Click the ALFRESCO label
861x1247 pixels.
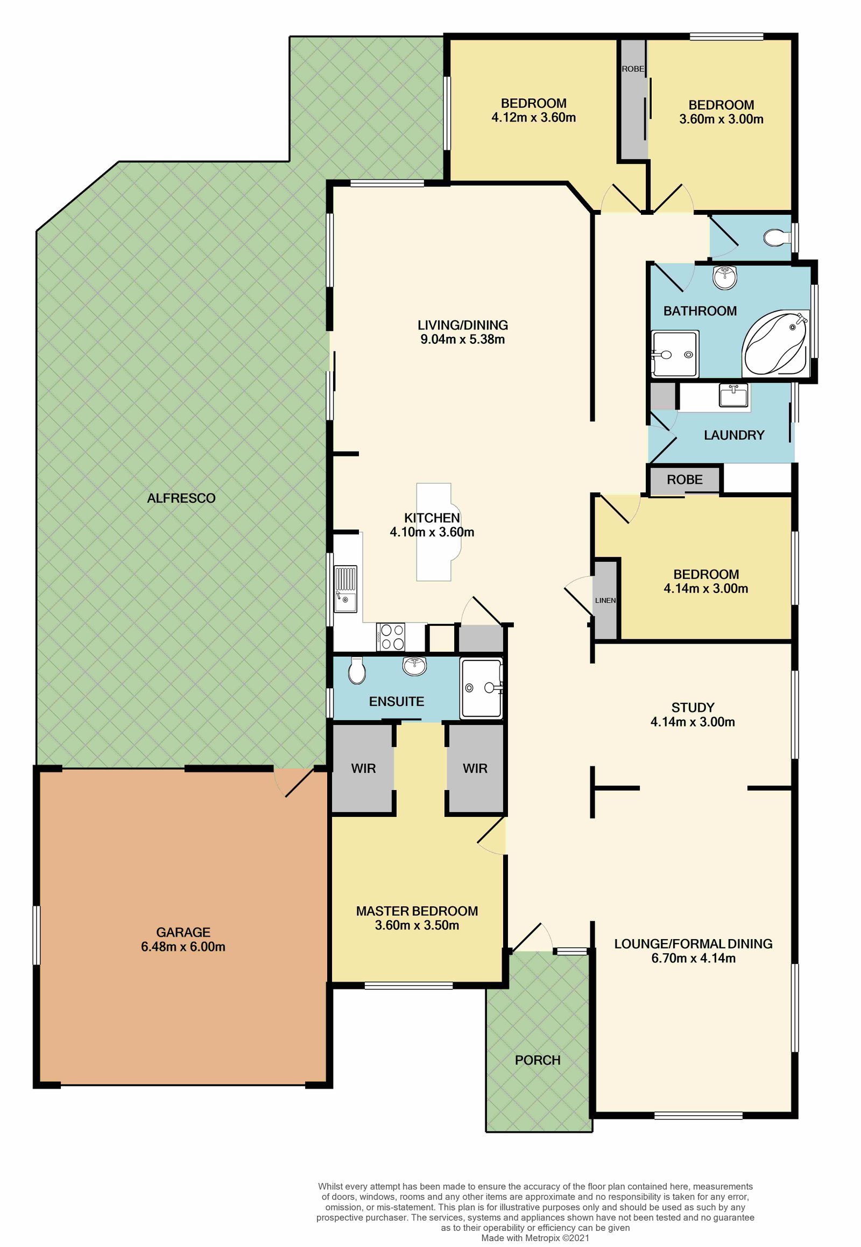(181, 498)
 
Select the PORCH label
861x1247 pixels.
(538, 1060)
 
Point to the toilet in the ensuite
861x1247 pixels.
(357, 671)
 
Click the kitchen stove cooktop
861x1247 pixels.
(391, 637)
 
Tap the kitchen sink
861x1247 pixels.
(345, 589)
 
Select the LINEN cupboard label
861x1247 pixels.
(605, 600)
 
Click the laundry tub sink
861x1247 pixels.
(733, 396)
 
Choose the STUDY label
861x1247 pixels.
(693, 707)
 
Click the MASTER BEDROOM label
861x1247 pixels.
(417, 911)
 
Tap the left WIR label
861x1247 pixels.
(363, 769)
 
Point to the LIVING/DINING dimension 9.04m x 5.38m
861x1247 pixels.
(462, 340)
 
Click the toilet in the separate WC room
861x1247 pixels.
(777, 237)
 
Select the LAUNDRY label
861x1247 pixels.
(734, 435)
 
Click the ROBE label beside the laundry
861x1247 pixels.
(684, 480)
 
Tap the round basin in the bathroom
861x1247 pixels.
(724, 277)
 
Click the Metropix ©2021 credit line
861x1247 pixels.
(535, 1238)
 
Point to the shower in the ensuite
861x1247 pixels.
(481, 688)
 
